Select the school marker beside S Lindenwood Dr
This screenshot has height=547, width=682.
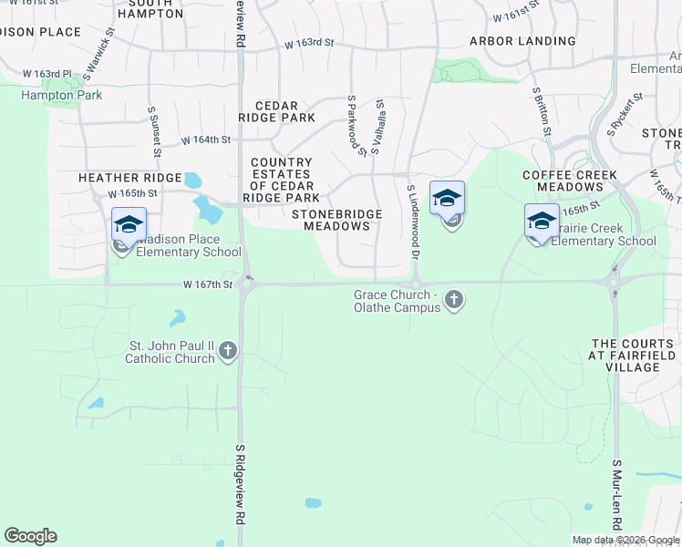447,199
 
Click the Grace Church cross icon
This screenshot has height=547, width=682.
453,300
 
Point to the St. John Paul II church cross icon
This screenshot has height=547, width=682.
228,349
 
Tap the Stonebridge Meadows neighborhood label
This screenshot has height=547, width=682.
336,220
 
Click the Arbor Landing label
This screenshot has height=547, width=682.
522,41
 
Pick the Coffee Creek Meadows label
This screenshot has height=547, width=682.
570,181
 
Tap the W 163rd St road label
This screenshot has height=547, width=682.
309,43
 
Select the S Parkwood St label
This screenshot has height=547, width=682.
356,124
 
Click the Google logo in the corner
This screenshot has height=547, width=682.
31,536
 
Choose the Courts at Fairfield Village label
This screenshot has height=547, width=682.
633,355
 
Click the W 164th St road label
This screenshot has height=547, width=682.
206,140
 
